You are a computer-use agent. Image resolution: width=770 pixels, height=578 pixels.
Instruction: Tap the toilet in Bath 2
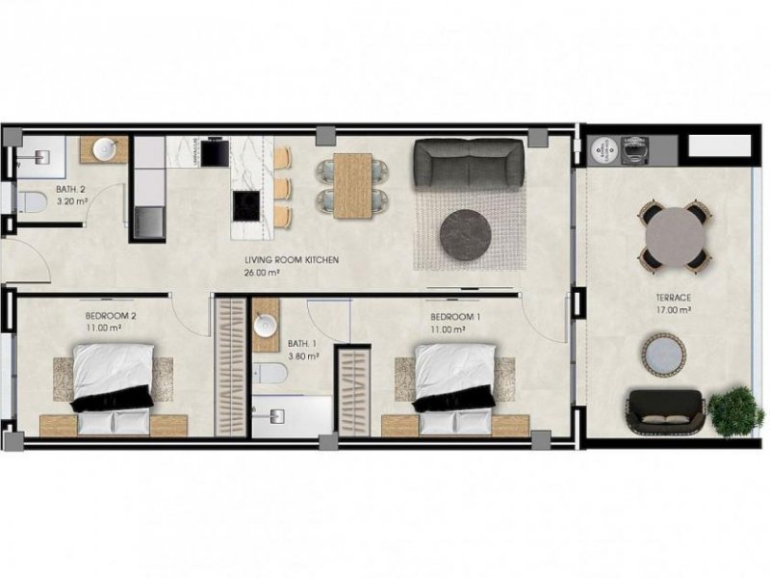32,201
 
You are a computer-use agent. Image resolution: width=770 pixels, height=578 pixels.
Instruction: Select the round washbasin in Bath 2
104,149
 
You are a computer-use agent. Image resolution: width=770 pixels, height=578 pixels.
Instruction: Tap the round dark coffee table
469,232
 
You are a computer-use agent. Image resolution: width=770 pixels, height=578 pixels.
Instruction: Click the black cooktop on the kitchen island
245,204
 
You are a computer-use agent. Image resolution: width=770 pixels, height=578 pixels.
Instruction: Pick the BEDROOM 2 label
111,316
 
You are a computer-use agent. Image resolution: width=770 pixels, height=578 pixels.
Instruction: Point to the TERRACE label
674,299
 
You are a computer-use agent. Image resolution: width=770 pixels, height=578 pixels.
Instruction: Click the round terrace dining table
675,234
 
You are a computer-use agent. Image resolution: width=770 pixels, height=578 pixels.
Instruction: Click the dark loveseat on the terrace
666,410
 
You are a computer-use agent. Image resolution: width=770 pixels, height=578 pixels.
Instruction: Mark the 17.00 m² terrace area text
674,311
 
